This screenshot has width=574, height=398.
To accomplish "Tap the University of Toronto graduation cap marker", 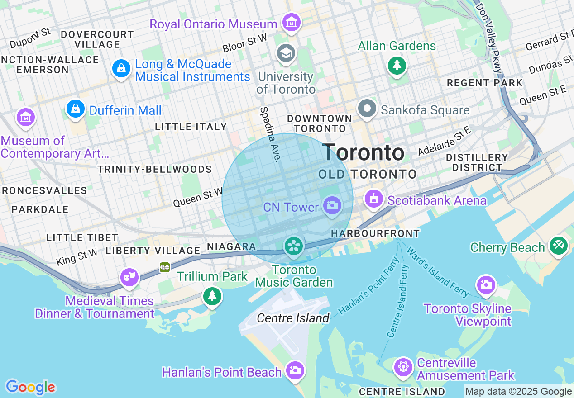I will [286, 53].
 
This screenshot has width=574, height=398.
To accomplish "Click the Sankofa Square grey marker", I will [367, 109].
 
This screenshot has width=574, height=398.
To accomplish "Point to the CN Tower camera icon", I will [332, 206].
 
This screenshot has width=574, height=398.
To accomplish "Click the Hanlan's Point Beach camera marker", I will [295, 370].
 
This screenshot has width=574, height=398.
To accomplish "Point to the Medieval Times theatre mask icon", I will [129, 276].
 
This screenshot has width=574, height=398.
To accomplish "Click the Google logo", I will [30, 387].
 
